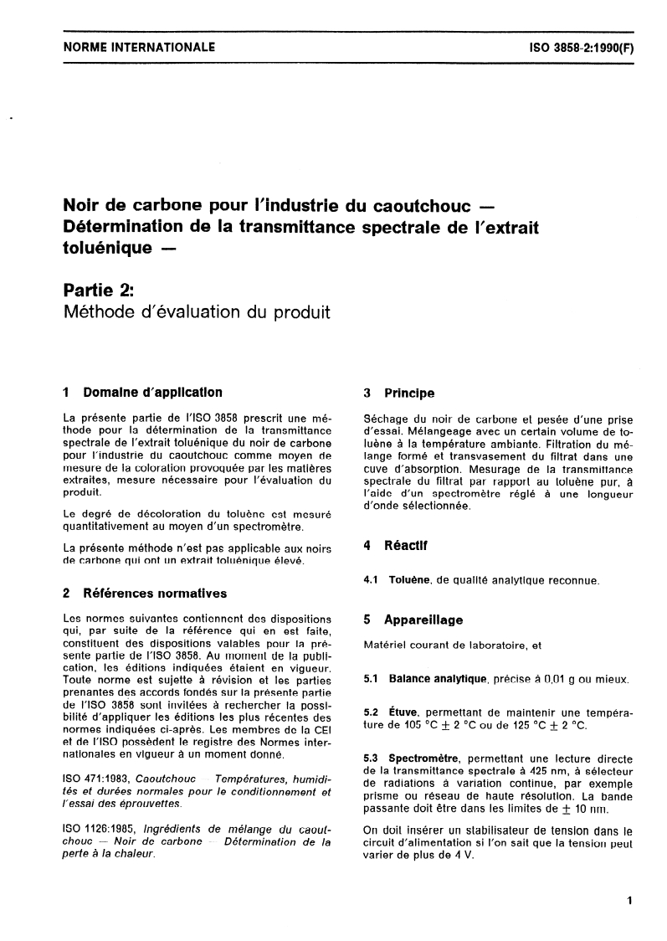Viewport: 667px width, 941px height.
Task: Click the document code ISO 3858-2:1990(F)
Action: [577, 48]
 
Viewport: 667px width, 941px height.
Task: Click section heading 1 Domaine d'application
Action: [143, 392]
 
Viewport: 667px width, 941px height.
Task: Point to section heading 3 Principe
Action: [399, 392]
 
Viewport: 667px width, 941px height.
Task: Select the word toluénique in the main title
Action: [108, 247]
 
